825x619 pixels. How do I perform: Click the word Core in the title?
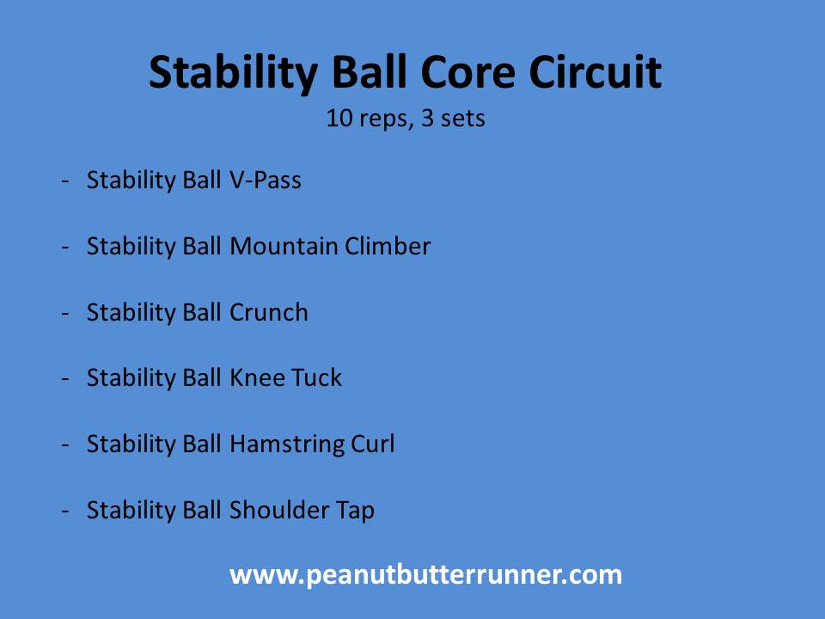click(467, 71)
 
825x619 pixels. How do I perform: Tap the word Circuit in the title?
click(595, 71)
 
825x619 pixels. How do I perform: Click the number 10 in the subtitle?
click(339, 118)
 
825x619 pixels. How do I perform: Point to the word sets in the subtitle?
click(463, 119)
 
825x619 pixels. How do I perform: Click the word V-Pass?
click(266, 180)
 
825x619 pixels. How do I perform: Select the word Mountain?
click(284, 247)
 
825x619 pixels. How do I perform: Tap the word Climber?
click(388, 246)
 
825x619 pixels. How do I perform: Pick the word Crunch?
click(269, 312)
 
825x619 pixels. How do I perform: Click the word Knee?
click(257, 378)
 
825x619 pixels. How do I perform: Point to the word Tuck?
click(316, 378)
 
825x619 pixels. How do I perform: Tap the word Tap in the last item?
click(355, 511)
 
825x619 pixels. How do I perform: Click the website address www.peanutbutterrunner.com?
click(425, 575)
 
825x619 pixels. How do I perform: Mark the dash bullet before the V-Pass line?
click(65, 181)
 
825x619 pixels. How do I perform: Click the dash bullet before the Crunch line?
click(65, 314)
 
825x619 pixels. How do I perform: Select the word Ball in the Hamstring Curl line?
click(201, 444)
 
